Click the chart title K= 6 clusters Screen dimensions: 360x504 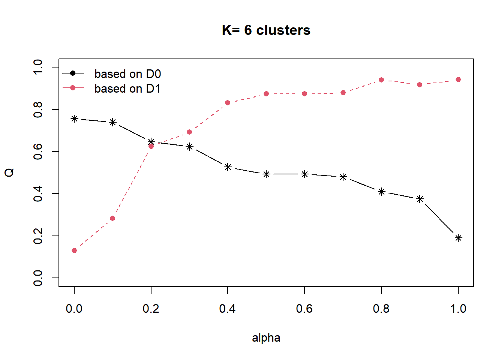tap(266, 30)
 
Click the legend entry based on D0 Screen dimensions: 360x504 tap(127, 74)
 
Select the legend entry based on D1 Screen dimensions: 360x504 tap(127, 88)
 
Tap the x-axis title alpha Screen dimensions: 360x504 tap(266, 337)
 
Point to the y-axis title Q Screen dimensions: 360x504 tap(9, 172)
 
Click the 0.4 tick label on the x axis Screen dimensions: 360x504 tap(228, 309)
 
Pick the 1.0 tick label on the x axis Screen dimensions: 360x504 tap(458, 309)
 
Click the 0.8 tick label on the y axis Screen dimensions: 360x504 tap(38, 109)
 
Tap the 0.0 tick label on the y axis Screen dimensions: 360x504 tap(38, 278)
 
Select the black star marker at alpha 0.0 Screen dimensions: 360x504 tap(74, 119)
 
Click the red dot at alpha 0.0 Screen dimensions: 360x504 tap(74, 250)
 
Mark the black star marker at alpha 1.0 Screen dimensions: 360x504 tap(458, 238)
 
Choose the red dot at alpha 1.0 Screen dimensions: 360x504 tap(458, 79)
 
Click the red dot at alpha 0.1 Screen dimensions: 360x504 tap(112, 218)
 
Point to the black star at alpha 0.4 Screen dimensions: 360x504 tap(228, 167)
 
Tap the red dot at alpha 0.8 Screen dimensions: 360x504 tap(381, 80)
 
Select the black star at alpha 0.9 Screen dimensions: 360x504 tap(420, 199)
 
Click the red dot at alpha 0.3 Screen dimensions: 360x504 tap(189, 132)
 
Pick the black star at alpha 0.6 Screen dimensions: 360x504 tap(304, 174)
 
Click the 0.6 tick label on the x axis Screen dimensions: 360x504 tap(304, 309)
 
